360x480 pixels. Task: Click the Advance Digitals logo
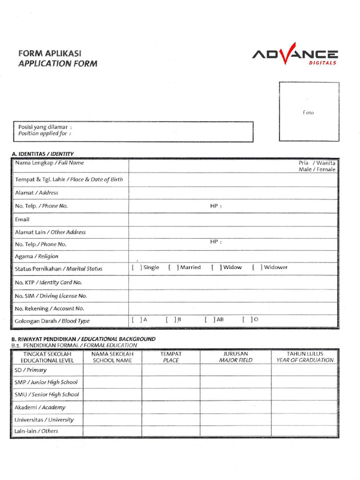(295, 55)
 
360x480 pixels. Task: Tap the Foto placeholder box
(309, 112)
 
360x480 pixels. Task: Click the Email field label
(22, 219)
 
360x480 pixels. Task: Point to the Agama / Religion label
(37, 256)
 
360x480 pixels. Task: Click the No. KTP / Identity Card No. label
(48, 283)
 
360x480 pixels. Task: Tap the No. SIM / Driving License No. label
(51, 296)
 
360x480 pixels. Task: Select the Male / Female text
(317, 170)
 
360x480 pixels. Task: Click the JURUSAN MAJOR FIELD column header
(235, 357)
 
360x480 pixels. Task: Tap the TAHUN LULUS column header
(305, 357)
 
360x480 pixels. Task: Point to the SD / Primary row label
(30, 370)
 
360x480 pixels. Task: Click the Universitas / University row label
(44, 420)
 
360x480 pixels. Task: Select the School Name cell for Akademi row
(112, 407)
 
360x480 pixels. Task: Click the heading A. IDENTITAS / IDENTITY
(42, 154)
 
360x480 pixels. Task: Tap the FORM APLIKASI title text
(50, 53)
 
